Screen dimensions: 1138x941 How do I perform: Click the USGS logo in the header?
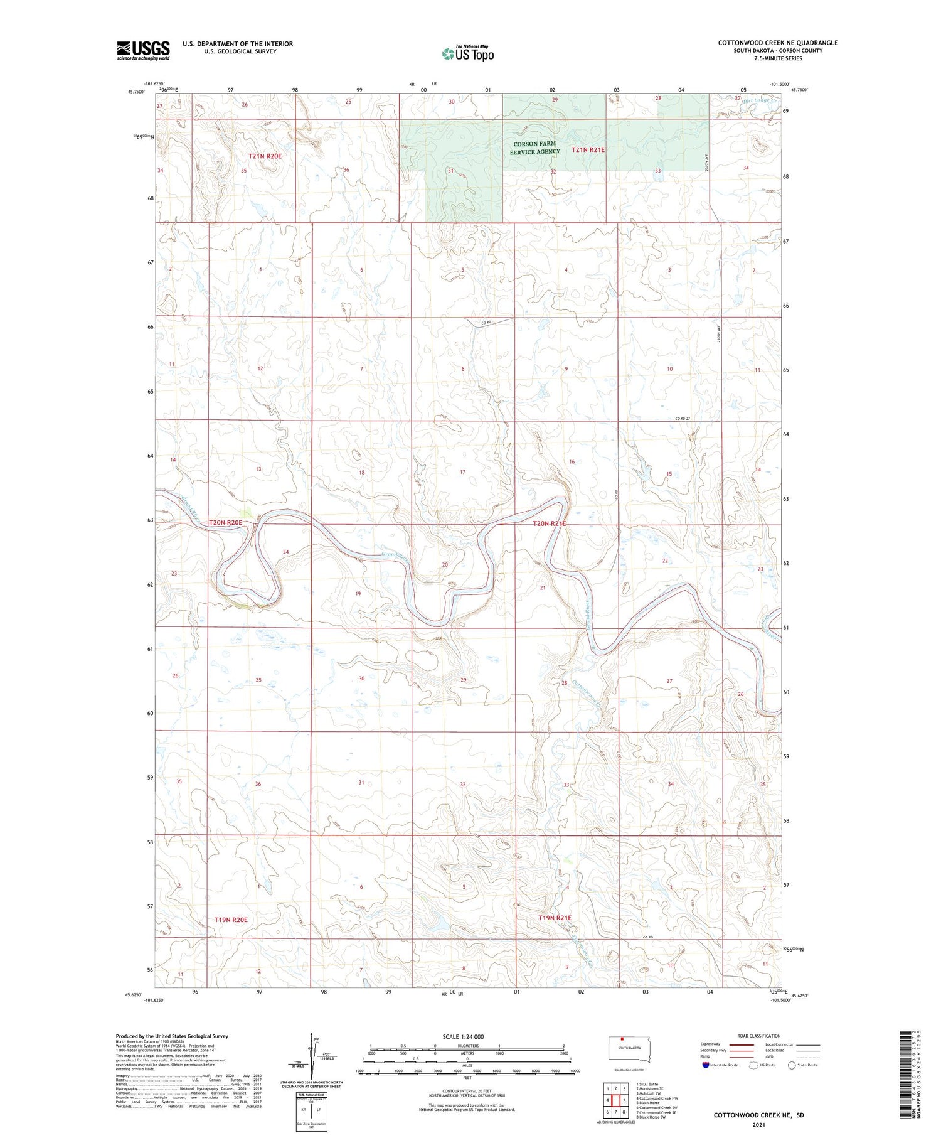click(143, 50)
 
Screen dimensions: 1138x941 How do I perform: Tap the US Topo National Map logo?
click(467, 53)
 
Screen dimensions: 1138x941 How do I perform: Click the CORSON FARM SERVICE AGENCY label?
click(534, 148)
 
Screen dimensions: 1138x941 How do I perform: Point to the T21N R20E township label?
click(265, 156)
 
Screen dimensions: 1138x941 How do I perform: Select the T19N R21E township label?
click(555, 918)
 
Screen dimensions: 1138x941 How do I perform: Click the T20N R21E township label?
click(549, 523)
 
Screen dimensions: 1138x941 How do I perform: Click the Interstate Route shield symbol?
click(706, 1065)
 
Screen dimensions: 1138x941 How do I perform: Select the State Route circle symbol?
click(792, 1065)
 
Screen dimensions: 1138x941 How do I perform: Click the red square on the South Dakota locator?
click(622, 1038)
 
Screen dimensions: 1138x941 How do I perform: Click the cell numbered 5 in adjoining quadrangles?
click(624, 1100)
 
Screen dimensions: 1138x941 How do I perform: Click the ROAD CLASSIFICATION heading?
click(759, 1036)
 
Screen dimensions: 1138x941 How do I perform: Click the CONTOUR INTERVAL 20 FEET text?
click(467, 1092)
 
